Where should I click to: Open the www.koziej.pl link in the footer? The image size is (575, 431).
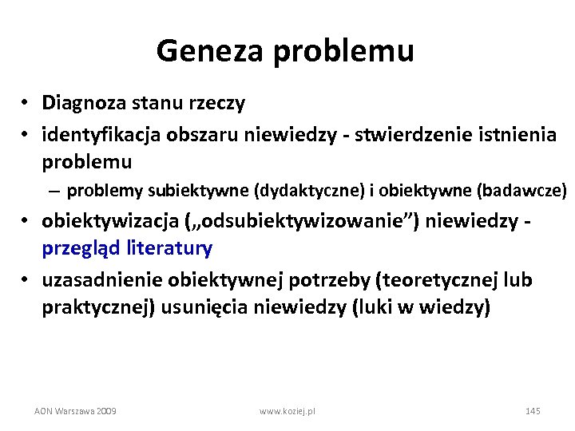click(287, 410)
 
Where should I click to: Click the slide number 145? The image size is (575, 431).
click(533, 410)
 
